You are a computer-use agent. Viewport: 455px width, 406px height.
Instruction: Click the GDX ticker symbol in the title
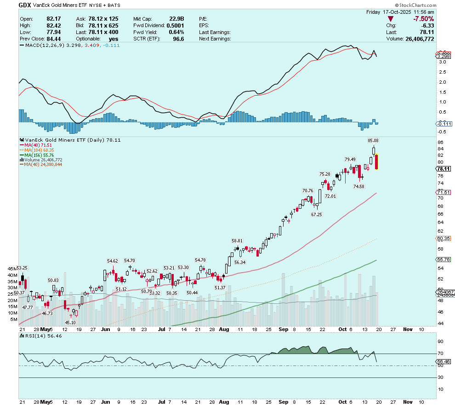pos(25,5)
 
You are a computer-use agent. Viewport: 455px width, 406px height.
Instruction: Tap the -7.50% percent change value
pos(423,18)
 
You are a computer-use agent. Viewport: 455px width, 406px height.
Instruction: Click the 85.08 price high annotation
pos(373,140)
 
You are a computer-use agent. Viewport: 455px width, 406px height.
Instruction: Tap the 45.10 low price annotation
pos(70,322)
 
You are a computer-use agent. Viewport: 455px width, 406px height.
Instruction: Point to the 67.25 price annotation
pos(316,214)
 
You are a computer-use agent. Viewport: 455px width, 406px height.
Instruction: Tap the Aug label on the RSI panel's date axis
pos(224,401)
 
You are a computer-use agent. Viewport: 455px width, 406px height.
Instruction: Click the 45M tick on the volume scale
pos(12,269)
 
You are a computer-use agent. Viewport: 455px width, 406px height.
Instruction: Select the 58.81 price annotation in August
pos(237,240)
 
